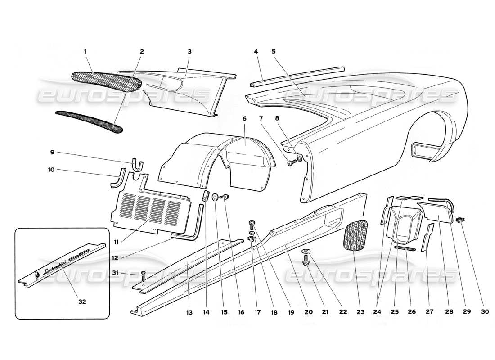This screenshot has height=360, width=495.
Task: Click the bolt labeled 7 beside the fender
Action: pos(290,162)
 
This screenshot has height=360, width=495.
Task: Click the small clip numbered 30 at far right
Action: pos(459,220)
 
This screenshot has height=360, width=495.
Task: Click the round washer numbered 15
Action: pos(216,196)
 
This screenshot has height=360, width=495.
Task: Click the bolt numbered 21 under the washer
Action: pos(306,261)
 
